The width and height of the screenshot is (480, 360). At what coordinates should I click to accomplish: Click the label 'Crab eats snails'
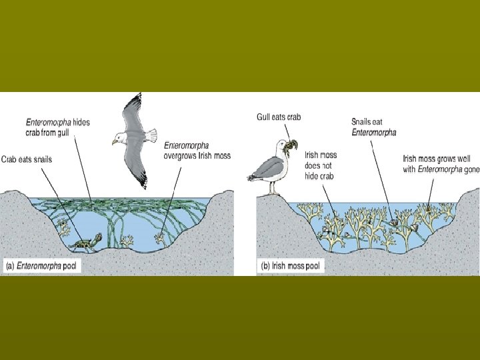(26, 159)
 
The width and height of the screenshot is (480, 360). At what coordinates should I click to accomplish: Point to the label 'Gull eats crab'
(279, 117)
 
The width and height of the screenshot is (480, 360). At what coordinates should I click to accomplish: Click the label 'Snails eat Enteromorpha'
(373, 127)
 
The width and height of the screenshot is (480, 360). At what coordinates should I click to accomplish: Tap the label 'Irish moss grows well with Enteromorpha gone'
(441, 164)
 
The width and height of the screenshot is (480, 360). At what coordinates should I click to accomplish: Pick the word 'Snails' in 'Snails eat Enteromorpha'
(363, 122)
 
